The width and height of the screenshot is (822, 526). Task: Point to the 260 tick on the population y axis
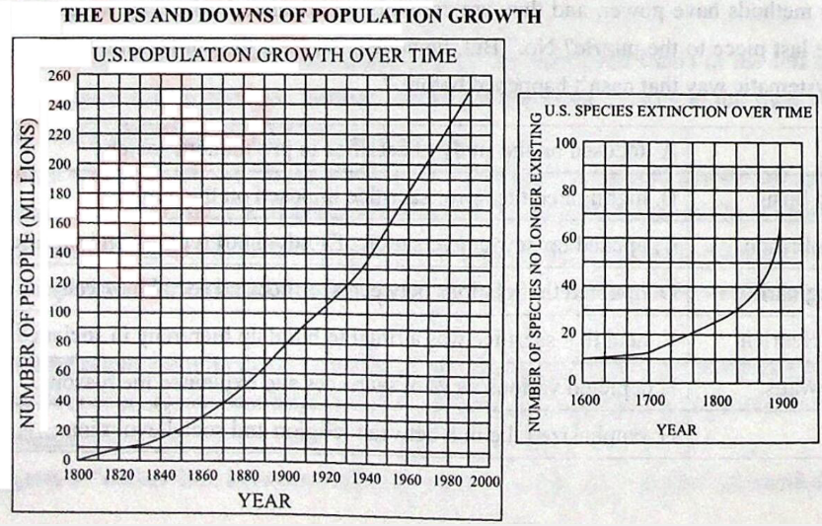click(x=59, y=76)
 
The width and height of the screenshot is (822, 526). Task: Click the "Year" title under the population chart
click(x=264, y=500)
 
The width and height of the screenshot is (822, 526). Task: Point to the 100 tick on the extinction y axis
click(x=564, y=144)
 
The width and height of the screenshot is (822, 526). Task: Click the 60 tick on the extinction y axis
click(x=567, y=238)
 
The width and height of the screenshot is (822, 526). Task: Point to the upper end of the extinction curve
click(x=780, y=228)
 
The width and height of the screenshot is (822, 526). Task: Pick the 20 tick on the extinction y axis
click(x=567, y=333)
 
